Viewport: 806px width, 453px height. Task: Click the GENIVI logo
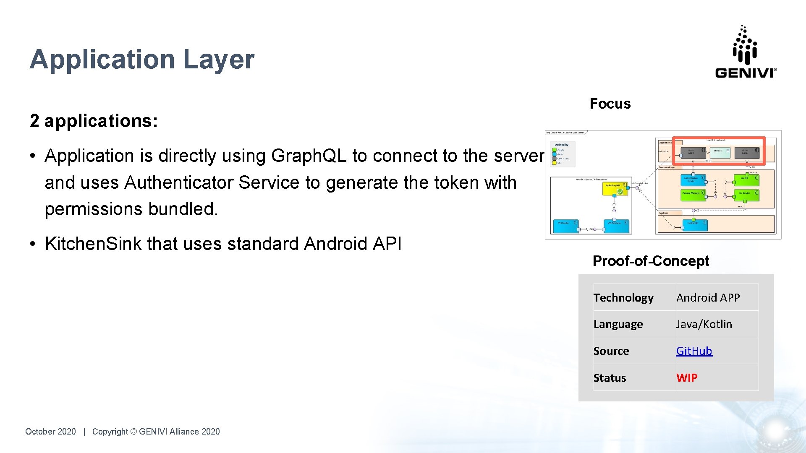[746, 52]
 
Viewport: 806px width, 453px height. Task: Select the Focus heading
[610, 104]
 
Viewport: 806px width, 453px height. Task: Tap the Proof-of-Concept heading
[650, 261]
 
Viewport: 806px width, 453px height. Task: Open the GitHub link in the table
[694, 351]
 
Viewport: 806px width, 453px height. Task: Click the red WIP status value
[687, 377]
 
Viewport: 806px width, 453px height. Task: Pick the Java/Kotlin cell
[704, 324]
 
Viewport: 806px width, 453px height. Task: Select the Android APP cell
[708, 297]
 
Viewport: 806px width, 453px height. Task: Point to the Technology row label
[623, 297]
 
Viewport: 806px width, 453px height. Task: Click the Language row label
[618, 324]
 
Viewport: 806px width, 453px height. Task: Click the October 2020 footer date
[50, 432]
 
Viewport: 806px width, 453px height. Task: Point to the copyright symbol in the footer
[133, 432]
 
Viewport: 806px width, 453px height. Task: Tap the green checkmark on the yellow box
[620, 192]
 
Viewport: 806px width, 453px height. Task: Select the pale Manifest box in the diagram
[720, 152]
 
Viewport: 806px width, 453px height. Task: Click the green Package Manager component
[693, 194]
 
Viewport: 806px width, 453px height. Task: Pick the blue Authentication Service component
[693, 180]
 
